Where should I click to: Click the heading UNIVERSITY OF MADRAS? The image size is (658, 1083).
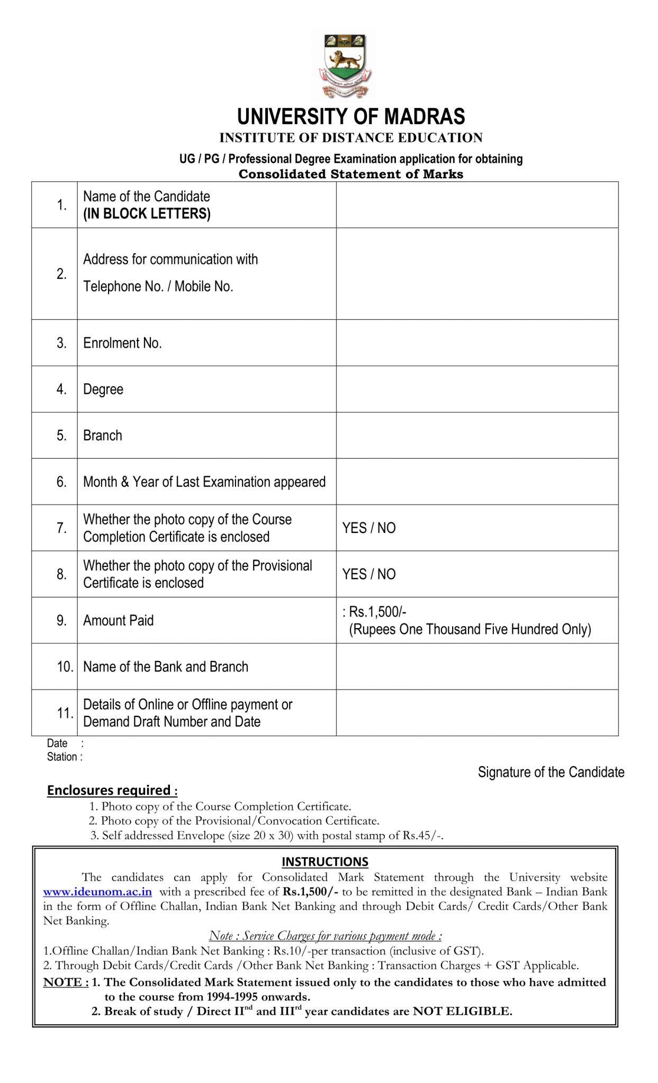click(x=351, y=116)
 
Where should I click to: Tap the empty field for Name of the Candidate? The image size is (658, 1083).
click(x=477, y=205)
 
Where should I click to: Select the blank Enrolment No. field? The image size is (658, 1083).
click(x=477, y=343)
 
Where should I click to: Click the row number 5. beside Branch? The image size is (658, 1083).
click(x=61, y=435)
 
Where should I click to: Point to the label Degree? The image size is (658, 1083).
click(x=103, y=389)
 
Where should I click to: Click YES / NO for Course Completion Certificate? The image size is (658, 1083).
click(x=369, y=528)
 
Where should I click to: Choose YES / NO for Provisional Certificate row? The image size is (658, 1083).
click(x=369, y=574)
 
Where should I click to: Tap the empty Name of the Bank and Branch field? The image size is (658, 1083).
click(x=477, y=666)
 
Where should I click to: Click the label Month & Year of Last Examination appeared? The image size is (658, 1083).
click(x=204, y=482)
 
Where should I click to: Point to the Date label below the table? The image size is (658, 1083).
click(x=57, y=743)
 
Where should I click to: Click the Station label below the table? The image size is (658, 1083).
click(x=62, y=757)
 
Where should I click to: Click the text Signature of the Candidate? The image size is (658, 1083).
click(x=551, y=772)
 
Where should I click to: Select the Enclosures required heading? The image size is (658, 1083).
click(x=112, y=790)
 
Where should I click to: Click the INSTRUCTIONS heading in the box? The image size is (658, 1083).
click(x=325, y=861)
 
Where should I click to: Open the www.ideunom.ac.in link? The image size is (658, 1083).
click(x=97, y=892)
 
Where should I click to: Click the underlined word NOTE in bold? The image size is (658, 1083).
click(x=63, y=982)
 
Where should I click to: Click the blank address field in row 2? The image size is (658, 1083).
click(x=477, y=274)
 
